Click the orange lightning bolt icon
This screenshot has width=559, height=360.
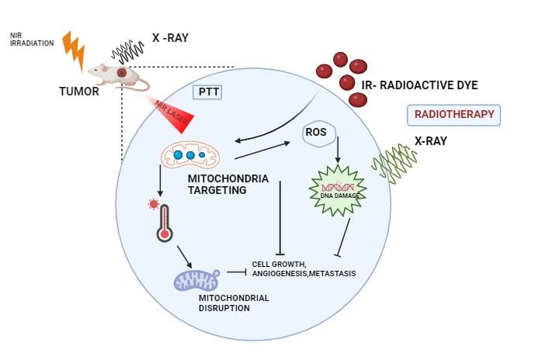[73, 50]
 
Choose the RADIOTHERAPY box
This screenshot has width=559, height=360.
[454, 115]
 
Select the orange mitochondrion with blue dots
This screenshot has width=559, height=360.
[190, 155]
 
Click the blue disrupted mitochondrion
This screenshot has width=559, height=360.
[196, 275]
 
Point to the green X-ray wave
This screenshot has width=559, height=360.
[394, 164]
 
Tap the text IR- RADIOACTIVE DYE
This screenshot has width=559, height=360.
[419, 84]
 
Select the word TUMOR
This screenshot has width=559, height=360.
[78, 92]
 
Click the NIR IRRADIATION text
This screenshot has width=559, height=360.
[32, 39]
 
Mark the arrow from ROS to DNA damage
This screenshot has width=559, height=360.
[338, 153]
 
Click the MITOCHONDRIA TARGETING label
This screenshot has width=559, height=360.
[228, 184]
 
